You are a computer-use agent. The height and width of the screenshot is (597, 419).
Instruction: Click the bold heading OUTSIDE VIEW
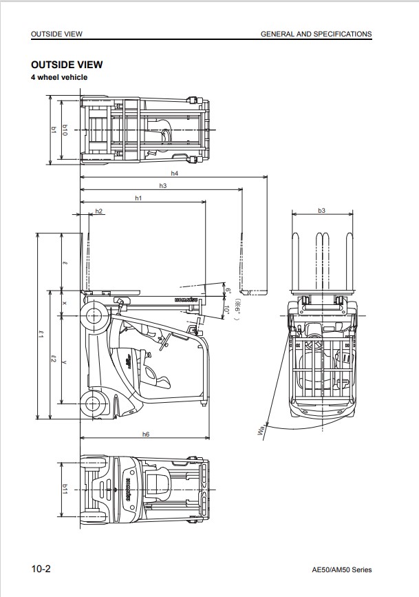(x=67, y=65)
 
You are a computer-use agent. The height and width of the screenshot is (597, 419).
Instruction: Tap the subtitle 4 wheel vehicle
(x=59, y=78)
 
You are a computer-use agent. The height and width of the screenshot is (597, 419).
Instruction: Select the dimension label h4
(x=174, y=173)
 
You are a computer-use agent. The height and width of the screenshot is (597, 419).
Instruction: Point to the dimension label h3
(x=163, y=186)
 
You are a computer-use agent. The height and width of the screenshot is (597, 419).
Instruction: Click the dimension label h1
(x=138, y=198)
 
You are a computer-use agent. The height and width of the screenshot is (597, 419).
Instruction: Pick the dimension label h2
(x=99, y=211)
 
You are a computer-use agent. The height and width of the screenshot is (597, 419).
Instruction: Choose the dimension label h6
(x=146, y=434)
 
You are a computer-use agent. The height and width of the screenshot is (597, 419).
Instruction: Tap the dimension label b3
(x=321, y=210)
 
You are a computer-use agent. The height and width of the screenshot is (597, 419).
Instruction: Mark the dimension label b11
(x=65, y=488)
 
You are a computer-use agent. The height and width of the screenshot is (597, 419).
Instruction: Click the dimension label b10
(x=65, y=129)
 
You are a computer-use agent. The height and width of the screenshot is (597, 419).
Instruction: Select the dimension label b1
(x=53, y=129)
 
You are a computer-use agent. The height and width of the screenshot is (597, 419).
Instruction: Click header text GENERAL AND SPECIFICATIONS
(x=316, y=34)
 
